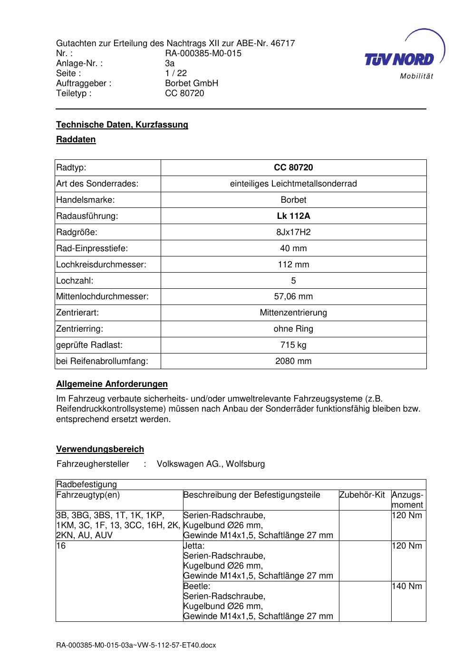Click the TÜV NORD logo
click(404, 58)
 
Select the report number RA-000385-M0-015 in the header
click(203, 53)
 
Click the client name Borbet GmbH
click(191, 83)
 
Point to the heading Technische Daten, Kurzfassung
click(122, 125)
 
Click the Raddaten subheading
click(76, 139)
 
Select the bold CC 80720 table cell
click(293, 167)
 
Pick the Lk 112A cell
click(293, 216)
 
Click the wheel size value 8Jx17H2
click(293, 232)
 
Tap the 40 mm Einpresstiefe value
click(293, 248)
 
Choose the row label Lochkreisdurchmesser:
click(101, 265)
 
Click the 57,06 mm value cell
click(293, 296)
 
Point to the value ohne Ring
click(293, 329)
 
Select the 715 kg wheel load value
click(293, 345)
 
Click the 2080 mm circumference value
click(293, 361)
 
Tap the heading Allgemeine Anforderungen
click(112, 384)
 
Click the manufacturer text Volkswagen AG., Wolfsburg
click(211, 463)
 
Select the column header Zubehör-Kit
click(362, 495)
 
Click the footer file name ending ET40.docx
click(136, 645)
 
